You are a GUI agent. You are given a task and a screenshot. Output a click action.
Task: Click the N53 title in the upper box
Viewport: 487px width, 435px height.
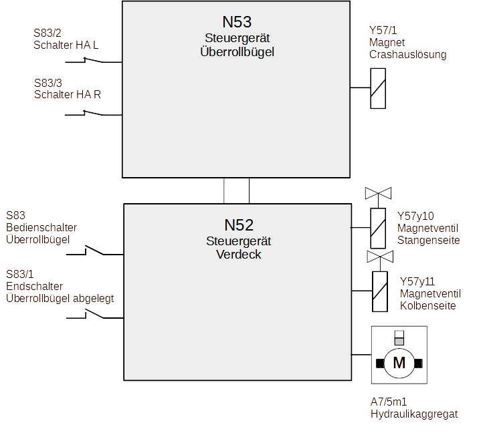(x=237, y=22)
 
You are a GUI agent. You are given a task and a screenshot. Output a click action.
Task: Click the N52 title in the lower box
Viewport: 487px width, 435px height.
(x=238, y=225)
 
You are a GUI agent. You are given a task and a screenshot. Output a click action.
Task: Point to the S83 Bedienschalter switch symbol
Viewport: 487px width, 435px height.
(x=94, y=251)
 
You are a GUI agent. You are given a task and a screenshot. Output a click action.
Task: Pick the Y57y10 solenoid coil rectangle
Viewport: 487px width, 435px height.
(x=379, y=227)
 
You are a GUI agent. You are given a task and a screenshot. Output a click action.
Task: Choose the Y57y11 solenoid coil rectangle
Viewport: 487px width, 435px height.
(x=380, y=291)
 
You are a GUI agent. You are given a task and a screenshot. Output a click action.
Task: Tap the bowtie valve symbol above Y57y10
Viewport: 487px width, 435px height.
(x=379, y=194)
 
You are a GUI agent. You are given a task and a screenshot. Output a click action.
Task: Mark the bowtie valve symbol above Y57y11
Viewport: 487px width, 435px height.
(x=380, y=257)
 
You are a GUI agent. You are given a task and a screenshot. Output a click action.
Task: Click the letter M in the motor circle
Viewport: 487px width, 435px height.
(x=399, y=363)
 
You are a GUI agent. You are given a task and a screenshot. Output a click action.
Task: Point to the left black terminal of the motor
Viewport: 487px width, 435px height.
(x=379, y=364)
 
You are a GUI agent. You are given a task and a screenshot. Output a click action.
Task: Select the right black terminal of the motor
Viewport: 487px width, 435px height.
(x=419, y=364)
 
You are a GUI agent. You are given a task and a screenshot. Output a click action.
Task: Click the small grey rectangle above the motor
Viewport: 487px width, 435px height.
(x=399, y=341)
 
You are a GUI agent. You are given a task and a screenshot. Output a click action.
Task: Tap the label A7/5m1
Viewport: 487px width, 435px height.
(x=389, y=402)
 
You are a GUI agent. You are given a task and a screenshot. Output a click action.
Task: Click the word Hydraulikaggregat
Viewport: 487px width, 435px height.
(x=414, y=414)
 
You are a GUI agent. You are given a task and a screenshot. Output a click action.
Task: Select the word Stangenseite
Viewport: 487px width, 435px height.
(x=429, y=240)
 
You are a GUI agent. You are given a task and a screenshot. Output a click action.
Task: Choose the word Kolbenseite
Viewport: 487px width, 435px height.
(x=428, y=305)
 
